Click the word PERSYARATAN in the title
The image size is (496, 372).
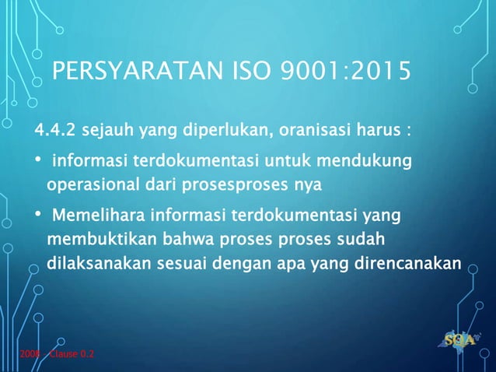(x=131, y=75)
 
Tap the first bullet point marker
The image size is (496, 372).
(x=37, y=163)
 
